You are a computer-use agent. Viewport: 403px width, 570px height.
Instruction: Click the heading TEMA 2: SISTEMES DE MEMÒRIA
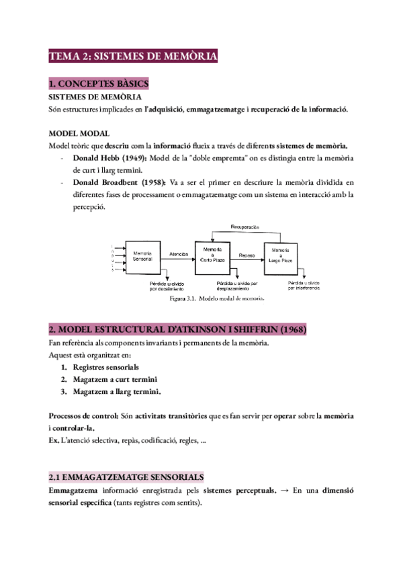pos(133,57)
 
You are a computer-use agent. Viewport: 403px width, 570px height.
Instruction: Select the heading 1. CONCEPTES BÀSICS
pos(99,84)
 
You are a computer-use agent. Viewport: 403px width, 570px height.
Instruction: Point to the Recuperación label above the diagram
pos(244,228)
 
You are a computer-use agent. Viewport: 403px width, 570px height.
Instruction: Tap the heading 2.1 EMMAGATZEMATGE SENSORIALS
pos(126,477)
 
